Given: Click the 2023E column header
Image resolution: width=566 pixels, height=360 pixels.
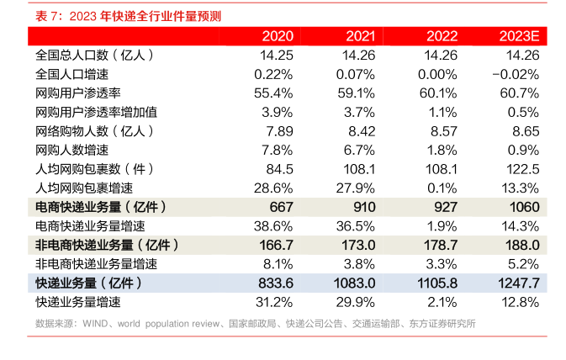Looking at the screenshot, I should coord(518,36).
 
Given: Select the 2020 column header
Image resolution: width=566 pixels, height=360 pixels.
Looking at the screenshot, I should coord(278,36).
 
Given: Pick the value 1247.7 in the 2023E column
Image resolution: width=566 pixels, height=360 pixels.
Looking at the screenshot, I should coord(513,283).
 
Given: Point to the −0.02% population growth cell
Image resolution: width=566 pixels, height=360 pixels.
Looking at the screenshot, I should coord(515,74).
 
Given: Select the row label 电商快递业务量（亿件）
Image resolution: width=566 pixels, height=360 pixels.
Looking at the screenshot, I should coord(101,207).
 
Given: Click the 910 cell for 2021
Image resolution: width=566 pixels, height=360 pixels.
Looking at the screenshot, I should coord(361,207).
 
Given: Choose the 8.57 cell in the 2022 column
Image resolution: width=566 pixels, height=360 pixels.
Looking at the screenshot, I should coord(442,131).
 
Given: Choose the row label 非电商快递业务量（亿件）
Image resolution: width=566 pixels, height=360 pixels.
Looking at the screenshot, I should coord(107,245).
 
